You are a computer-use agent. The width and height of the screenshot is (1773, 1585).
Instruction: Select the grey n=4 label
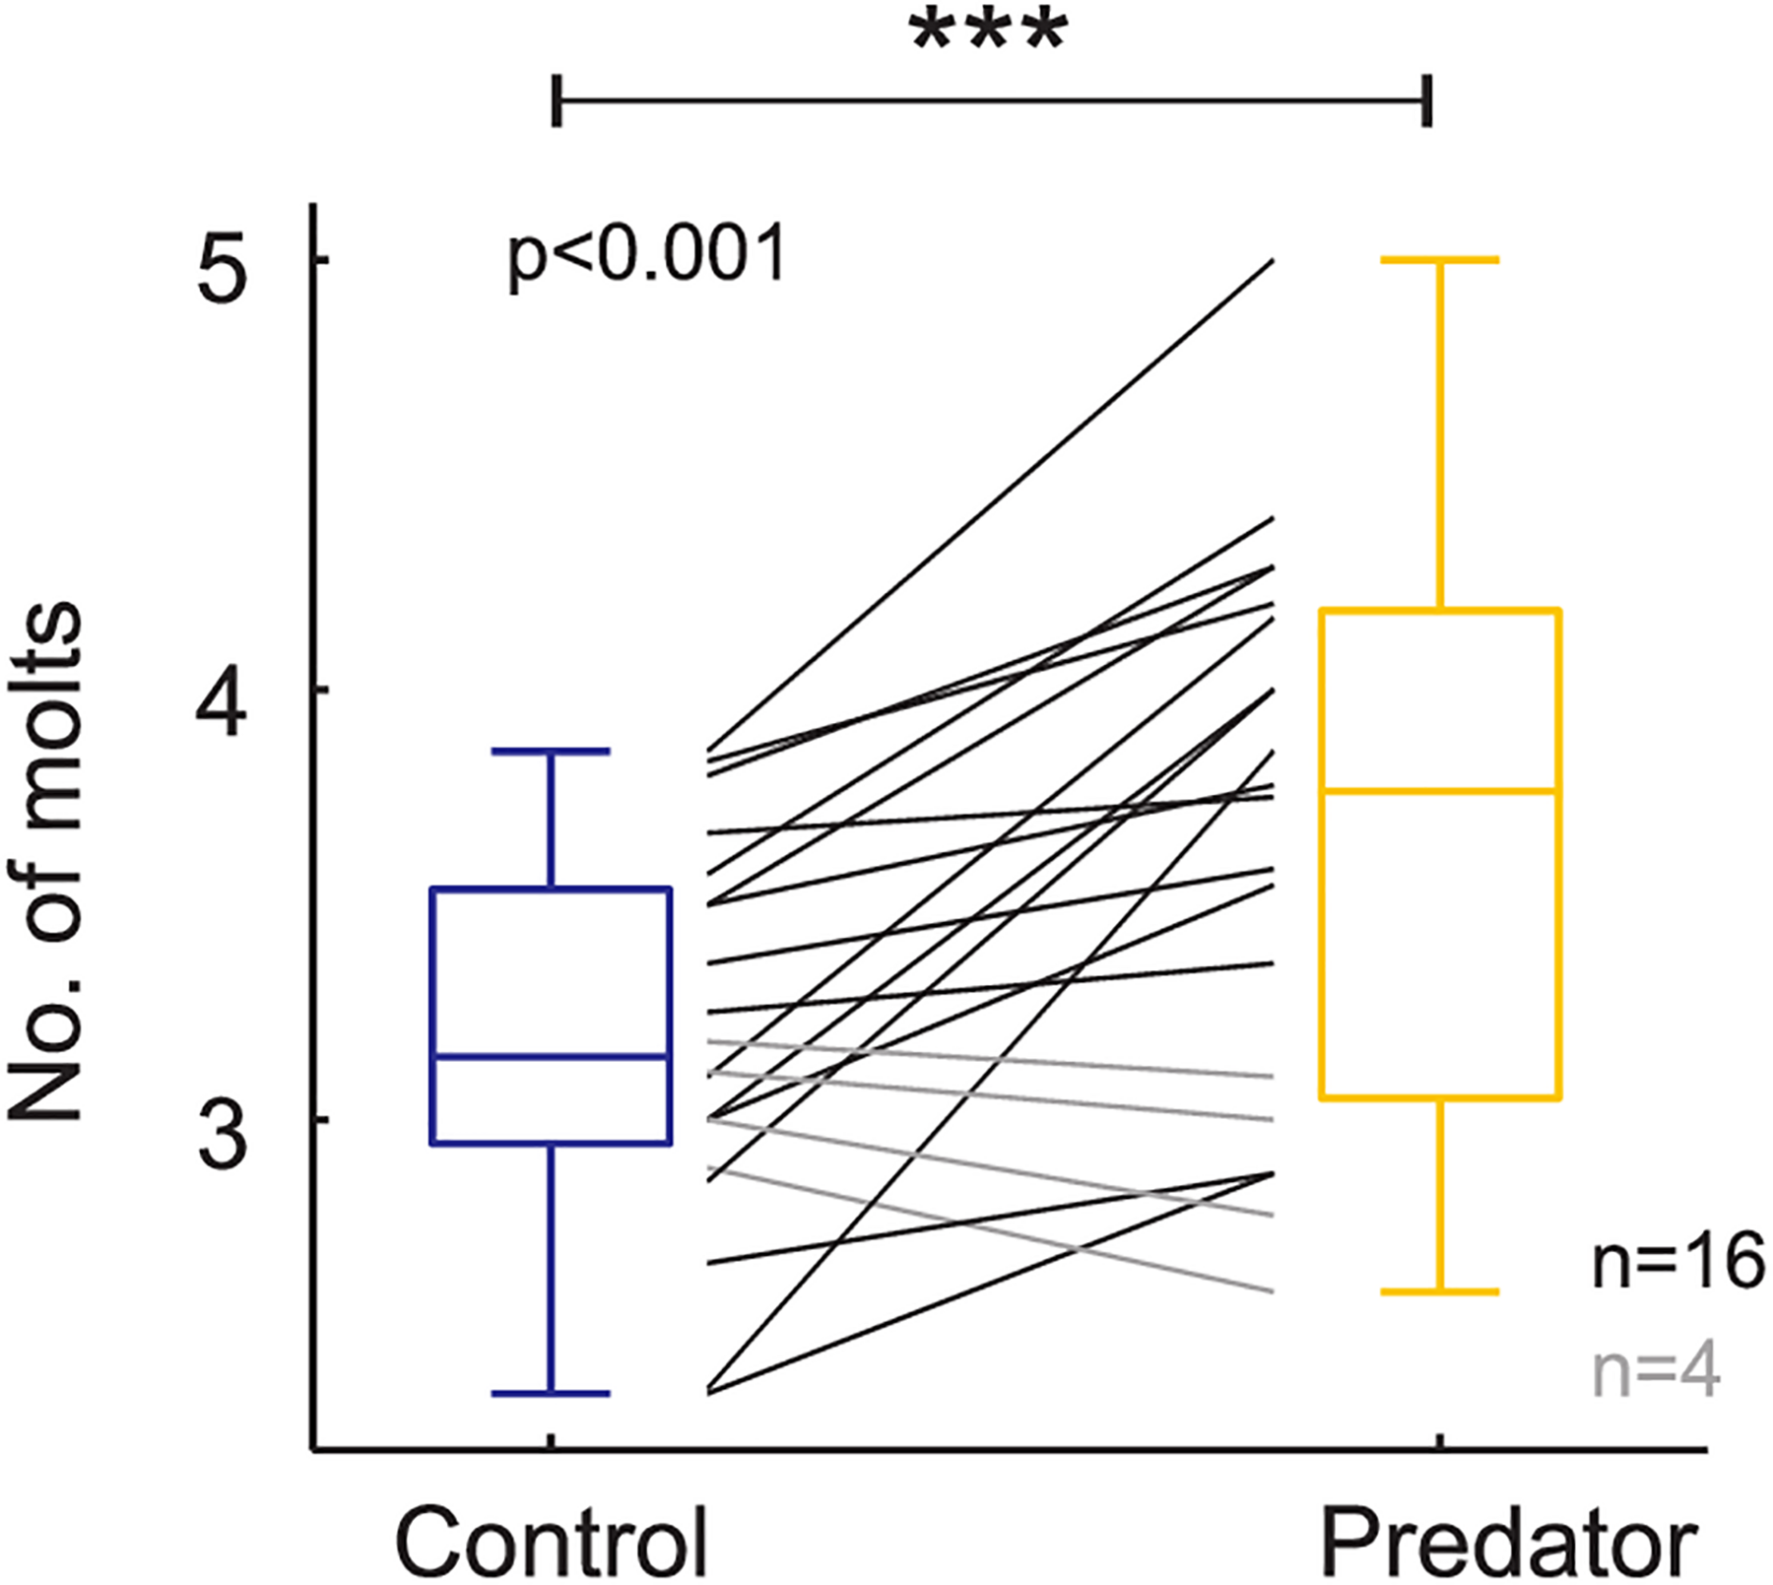(1655, 1373)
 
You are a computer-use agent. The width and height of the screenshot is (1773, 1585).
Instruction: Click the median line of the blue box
(552, 1057)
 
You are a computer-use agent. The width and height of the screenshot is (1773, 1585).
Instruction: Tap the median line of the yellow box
(1440, 791)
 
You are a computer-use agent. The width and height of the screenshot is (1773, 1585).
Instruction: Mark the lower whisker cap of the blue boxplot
(551, 1393)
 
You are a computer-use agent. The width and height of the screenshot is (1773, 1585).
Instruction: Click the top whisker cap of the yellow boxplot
(1440, 260)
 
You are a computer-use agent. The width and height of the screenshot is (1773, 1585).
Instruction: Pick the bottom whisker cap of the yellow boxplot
(1440, 1292)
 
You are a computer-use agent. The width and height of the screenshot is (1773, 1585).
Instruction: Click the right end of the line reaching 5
(1273, 261)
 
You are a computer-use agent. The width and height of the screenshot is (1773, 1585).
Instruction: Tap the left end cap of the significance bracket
(557, 100)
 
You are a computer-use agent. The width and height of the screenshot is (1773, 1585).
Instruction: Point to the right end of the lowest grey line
(1272, 1291)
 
